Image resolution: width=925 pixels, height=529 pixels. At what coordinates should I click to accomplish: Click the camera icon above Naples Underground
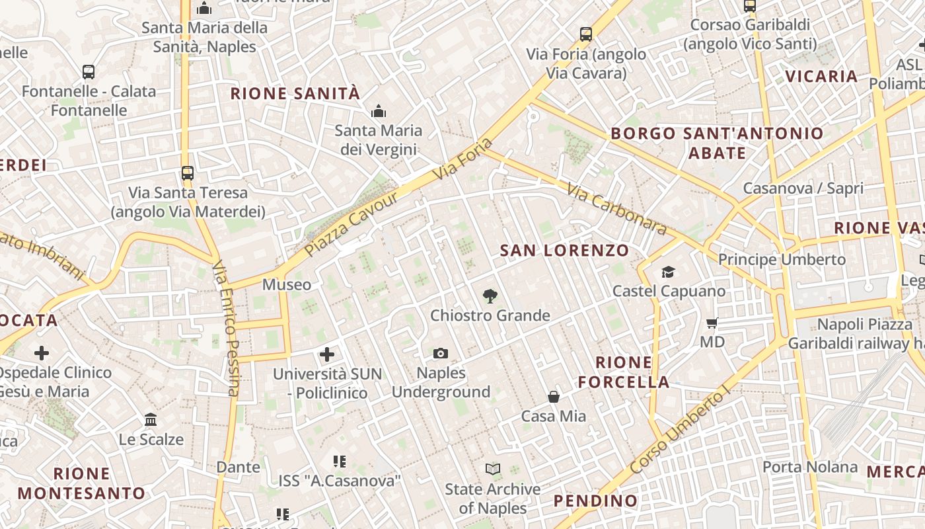(x=441, y=354)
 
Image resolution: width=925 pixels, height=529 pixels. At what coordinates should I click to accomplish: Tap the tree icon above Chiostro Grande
(x=490, y=296)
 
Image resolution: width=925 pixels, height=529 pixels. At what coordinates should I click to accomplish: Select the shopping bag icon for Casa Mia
(x=554, y=397)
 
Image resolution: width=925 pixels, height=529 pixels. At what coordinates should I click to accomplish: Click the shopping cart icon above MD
(x=712, y=323)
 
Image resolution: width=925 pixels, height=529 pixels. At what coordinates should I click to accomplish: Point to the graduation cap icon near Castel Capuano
(x=668, y=272)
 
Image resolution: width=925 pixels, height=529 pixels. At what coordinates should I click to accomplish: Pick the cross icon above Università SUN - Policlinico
(x=327, y=354)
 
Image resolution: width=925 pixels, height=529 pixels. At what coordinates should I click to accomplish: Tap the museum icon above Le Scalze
(x=151, y=420)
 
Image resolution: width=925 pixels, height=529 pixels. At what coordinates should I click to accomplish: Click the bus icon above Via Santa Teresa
(x=188, y=173)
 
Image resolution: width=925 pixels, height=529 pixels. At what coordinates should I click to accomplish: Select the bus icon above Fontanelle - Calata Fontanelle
(x=89, y=72)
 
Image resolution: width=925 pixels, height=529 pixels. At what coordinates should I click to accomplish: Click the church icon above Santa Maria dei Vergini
(x=379, y=111)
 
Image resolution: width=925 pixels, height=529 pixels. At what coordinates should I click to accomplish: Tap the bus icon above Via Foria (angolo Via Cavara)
(x=585, y=34)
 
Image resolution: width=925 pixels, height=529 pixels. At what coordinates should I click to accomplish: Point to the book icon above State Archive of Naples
(x=492, y=469)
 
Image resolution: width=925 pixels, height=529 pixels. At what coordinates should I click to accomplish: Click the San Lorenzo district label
(x=564, y=251)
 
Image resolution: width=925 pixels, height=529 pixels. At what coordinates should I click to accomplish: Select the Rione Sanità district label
(x=295, y=94)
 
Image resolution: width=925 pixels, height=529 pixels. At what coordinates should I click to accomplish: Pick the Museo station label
(x=287, y=285)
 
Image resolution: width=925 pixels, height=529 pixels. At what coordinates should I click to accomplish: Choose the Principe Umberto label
(x=782, y=259)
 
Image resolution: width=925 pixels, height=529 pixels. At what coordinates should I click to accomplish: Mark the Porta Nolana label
(x=810, y=467)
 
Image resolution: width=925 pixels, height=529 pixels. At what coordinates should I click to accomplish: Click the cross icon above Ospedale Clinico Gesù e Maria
(x=42, y=353)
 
